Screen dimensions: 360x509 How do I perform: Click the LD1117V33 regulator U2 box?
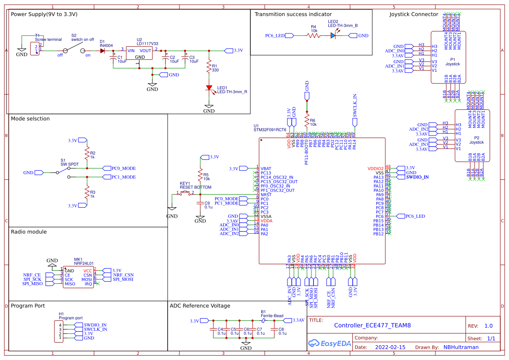click(139, 54)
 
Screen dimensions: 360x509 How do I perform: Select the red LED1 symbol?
click(209, 88)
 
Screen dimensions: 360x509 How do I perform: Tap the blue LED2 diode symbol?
click(334, 36)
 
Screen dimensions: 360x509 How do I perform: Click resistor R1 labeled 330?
click(209, 67)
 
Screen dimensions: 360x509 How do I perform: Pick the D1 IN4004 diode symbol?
click(102, 50)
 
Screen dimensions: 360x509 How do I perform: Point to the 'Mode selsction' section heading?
click(30, 118)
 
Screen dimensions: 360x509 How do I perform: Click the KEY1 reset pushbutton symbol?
click(186, 193)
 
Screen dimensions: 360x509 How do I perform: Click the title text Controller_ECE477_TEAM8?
click(372, 325)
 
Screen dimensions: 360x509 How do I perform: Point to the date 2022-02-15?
click(390, 347)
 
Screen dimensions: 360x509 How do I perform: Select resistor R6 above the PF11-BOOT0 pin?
click(307, 120)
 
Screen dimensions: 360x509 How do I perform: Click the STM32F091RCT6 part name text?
click(270, 130)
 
